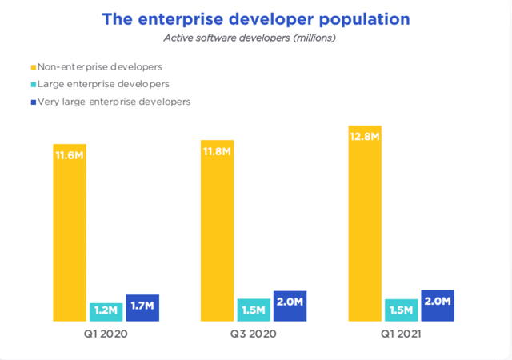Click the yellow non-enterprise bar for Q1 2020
(70, 233)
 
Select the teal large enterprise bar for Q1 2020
(106, 312)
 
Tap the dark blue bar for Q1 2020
(142, 308)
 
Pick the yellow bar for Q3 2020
(217, 230)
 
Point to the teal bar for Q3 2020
(254, 310)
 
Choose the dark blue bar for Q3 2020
(290, 306)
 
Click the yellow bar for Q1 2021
(365, 223)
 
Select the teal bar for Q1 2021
(402, 310)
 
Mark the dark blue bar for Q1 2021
(438, 306)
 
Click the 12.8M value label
(365, 137)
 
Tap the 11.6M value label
(70, 155)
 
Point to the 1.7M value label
(142, 306)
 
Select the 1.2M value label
(106, 310)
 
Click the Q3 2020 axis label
(254, 334)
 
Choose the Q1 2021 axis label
(401, 334)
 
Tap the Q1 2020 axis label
(106, 334)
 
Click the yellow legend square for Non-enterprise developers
(34, 67)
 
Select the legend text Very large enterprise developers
(114, 102)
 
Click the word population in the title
(365, 20)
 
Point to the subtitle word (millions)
(314, 38)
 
